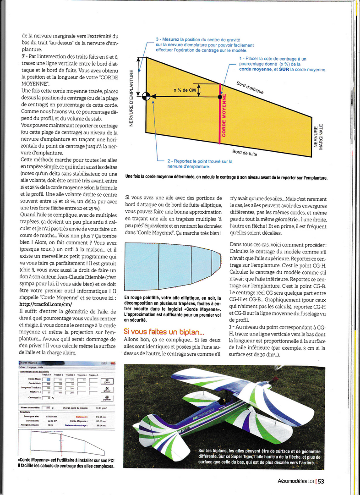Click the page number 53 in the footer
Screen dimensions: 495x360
click(x=321, y=481)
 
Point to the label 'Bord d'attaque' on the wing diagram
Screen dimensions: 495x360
click(x=250, y=87)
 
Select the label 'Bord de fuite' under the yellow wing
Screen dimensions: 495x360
click(x=245, y=153)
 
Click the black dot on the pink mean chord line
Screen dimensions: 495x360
click(x=220, y=97)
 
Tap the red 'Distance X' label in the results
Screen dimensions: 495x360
click(x=81, y=416)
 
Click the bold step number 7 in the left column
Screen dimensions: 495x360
click(x=23, y=55)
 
